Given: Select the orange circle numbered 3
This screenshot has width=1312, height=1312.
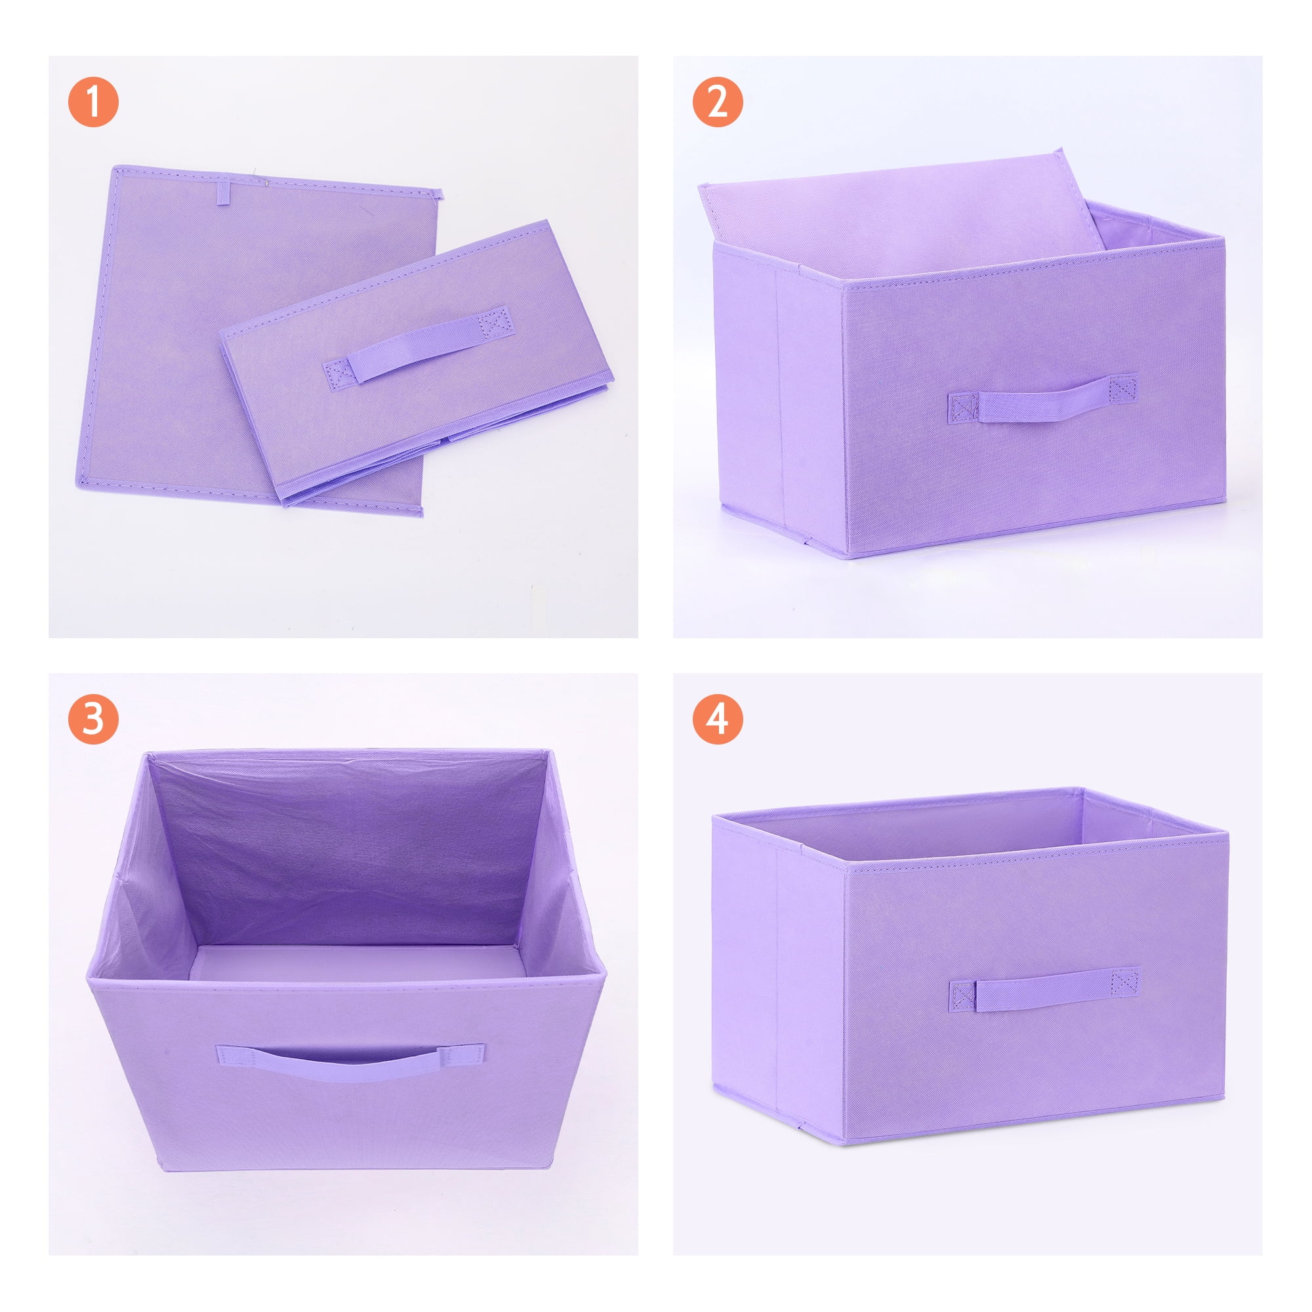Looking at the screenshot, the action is click(x=93, y=719).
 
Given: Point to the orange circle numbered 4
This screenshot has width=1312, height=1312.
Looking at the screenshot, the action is click(x=718, y=719).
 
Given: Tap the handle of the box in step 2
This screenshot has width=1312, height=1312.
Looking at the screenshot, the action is click(x=1042, y=398).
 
